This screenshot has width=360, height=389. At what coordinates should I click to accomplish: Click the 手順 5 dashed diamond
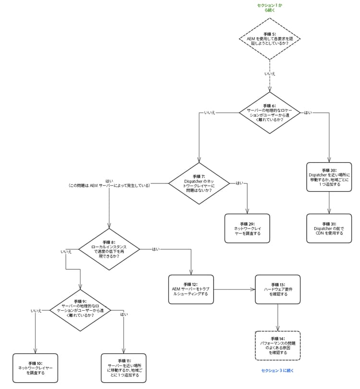point(270,39)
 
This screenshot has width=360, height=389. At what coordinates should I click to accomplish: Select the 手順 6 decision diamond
point(270,113)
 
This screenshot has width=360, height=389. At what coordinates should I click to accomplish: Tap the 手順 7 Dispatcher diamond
point(199,183)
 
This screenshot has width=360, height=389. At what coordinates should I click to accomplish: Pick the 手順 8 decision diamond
point(109,249)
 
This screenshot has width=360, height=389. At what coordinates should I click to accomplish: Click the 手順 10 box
point(35,368)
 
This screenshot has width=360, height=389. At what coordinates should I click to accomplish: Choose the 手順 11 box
point(124,368)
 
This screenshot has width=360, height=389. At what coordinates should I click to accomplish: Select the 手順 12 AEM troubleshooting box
point(191,289)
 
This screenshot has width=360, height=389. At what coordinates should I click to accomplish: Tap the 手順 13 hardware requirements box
point(278,289)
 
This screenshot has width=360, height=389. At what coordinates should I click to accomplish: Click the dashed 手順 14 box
point(278,346)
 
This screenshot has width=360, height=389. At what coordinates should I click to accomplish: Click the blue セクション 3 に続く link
point(277,370)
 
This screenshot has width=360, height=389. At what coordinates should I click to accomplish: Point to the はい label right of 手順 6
point(308,113)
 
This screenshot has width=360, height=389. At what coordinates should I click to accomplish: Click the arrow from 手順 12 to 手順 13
point(234,289)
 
